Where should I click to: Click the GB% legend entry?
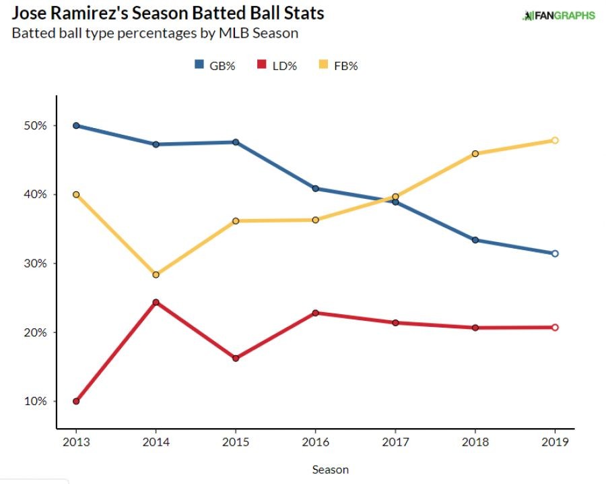(215, 65)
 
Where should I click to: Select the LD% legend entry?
(277, 65)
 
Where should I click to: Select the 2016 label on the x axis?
(315, 442)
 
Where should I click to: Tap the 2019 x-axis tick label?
(555, 442)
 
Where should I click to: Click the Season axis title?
(330, 469)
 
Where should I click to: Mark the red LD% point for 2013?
(76, 401)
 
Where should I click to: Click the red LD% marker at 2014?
(156, 302)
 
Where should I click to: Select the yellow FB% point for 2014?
(156, 274)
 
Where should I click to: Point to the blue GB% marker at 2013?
(76, 125)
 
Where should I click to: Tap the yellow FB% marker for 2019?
(555, 140)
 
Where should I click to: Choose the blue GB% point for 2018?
(475, 240)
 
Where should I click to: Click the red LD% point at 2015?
(236, 358)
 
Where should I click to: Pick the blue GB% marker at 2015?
(236, 142)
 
